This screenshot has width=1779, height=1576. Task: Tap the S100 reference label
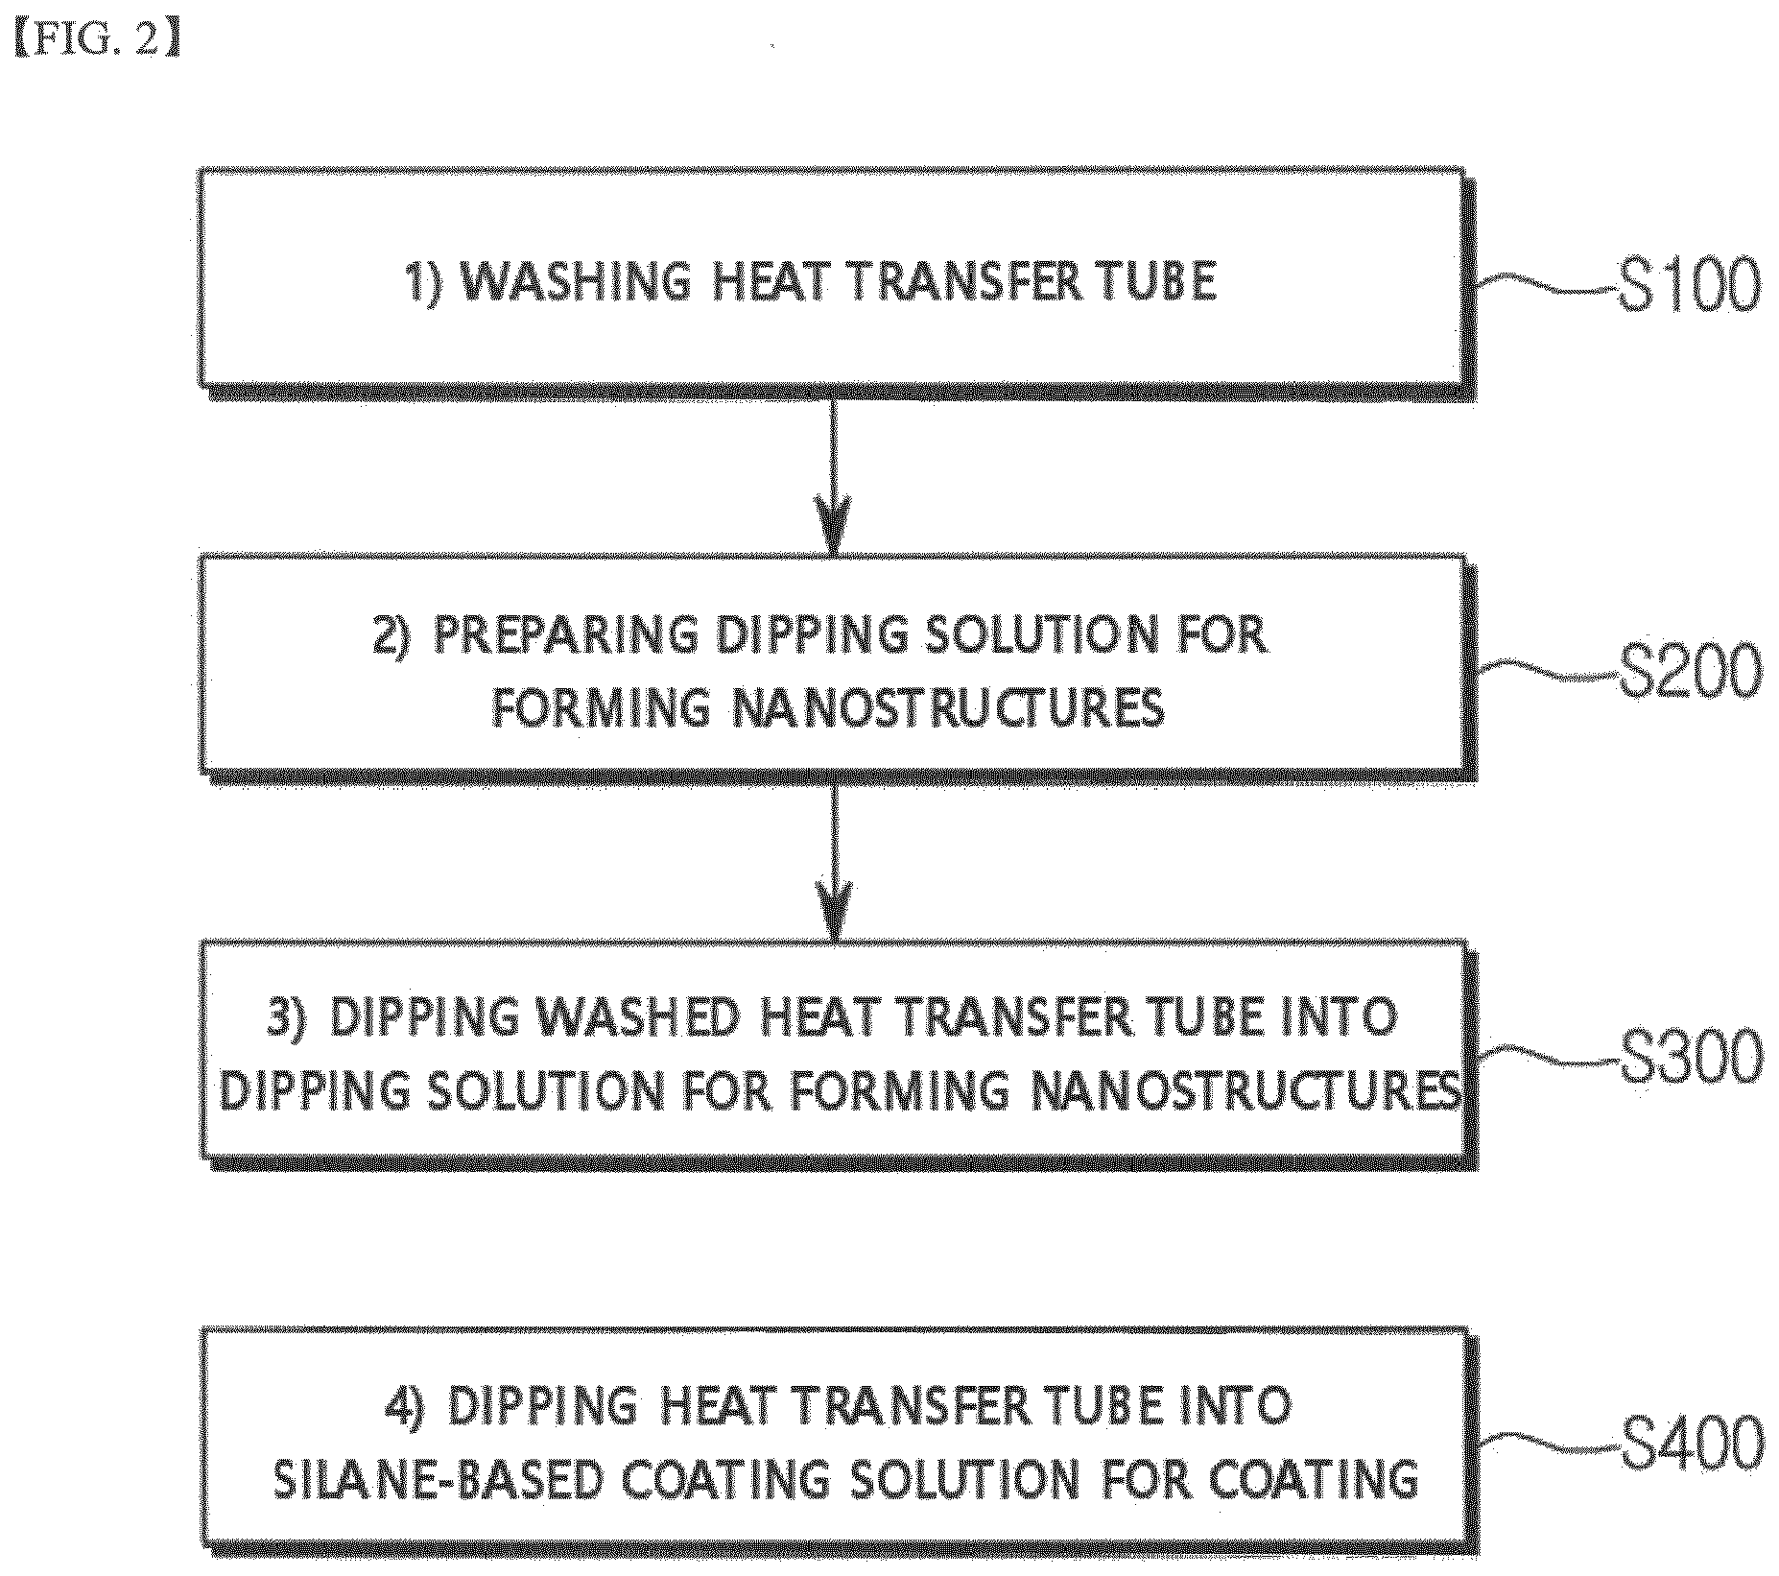(1690, 285)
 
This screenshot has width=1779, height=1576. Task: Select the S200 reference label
(1691, 671)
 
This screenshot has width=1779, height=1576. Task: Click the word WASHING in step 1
(575, 282)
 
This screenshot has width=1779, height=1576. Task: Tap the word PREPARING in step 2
(565, 634)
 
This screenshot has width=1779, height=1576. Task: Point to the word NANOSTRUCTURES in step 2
(949, 708)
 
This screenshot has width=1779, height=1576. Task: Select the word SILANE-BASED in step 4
(437, 1480)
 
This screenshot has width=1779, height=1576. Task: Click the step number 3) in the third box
(288, 1018)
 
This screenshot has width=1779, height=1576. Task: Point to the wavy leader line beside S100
(1546, 284)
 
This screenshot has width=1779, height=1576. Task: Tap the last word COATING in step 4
(1314, 1480)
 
